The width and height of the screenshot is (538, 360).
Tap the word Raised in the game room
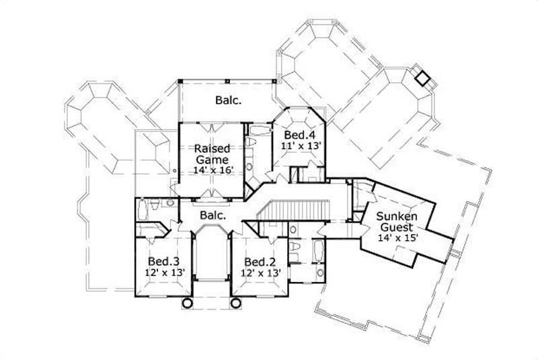click(213, 148)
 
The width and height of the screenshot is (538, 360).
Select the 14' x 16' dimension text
click(213, 170)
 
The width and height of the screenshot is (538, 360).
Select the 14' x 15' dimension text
click(397, 238)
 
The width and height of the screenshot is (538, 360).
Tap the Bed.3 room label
click(163, 261)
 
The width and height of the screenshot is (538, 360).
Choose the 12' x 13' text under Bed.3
click(163, 273)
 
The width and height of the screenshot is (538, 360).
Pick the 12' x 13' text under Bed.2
click(260, 273)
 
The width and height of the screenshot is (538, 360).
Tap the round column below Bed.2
click(236, 302)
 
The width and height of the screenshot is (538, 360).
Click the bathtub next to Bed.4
click(259, 130)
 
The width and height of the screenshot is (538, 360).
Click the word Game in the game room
click(213, 159)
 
